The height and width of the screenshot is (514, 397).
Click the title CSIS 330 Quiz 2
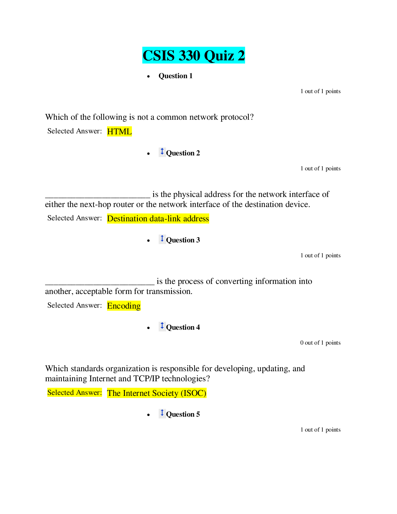(x=193, y=55)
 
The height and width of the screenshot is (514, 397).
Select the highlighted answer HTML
(x=119, y=131)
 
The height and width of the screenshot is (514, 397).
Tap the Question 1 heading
(x=175, y=76)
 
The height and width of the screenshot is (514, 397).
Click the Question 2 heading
(x=183, y=153)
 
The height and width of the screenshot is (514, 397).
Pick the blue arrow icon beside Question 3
(x=162, y=239)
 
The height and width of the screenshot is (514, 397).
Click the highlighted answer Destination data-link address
(x=158, y=218)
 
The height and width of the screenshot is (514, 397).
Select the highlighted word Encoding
(x=124, y=306)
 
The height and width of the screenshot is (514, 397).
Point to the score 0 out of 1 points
(x=320, y=343)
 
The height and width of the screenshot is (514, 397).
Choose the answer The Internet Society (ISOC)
(x=157, y=393)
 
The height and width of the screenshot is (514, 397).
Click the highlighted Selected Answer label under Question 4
(x=75, y=392)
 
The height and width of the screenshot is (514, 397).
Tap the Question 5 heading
(x=183, y=414)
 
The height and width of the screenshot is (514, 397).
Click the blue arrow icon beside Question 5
(x=162, y=413)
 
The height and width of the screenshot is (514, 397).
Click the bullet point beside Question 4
(x=148, y=328)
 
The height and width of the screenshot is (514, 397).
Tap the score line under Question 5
(x=320, y=430)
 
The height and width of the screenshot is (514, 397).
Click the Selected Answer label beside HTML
(x=75, y=131)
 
